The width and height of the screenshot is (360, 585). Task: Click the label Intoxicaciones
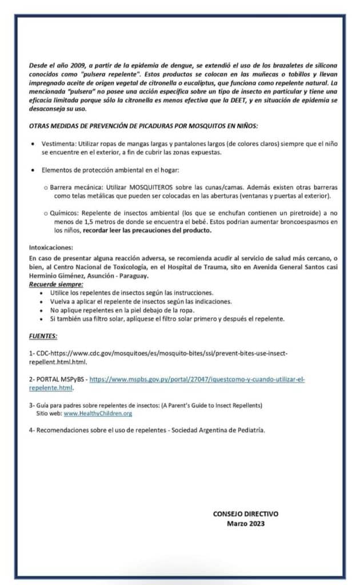click(x=51, y=247)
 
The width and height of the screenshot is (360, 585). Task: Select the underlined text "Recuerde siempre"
click(x=55, y=284)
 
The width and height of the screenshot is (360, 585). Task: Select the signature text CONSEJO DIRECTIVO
click(x=246, y=514)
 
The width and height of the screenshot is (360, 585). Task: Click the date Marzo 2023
click(x=246, y=523)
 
